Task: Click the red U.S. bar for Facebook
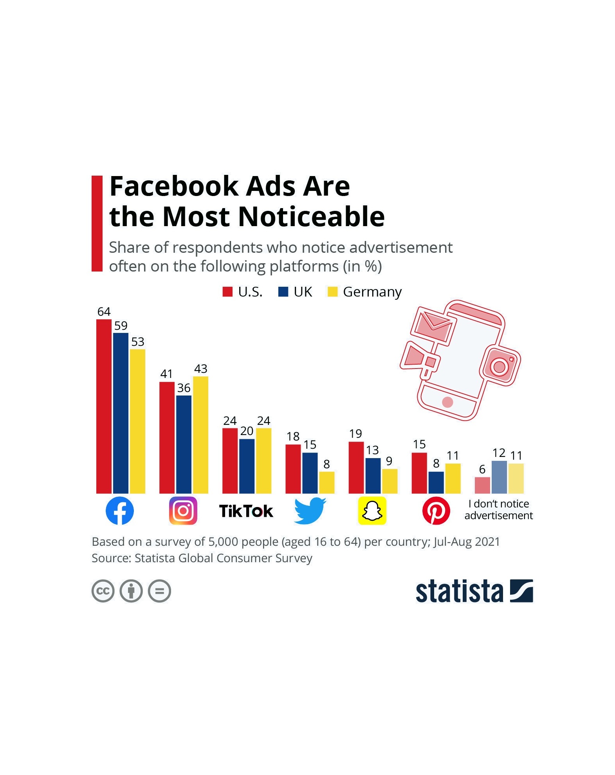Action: click(x=104, y=406)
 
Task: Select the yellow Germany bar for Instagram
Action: click(x=200, y=435)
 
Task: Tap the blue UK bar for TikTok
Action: click(x=247, y=466)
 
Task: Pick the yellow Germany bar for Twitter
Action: click(x=326, y=482)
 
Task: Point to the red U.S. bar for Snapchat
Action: click(x=356, y=468)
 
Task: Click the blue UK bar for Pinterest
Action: click(x=436, y=482)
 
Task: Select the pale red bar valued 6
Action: click(x=482, y=485)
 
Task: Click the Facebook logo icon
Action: click(x=120, y=511)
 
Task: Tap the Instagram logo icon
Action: click(x=183, y=511)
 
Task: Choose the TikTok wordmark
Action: click(x=246, y=511)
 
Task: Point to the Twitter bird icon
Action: click(x=310, y=511)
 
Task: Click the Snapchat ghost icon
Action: click(x=372, y=511)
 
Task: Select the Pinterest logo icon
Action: click(x=436, y=511)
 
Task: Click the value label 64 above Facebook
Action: click(x=104, y=311)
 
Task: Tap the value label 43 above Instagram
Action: click(x=200, y=369)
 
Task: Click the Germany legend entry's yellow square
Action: click(x=332, y=292)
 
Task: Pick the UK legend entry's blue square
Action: click(x=283, y=292)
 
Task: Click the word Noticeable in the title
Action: click(x=311, y=216)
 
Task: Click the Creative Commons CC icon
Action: click(x=103, y=591)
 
